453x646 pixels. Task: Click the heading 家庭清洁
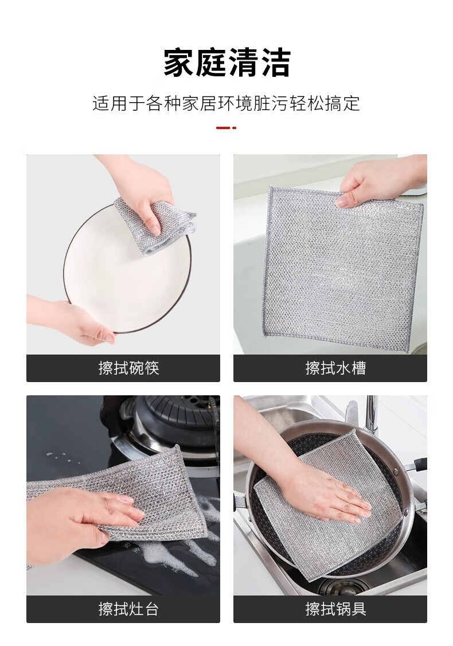coord(227,63)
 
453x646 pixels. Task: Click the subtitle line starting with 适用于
coord(226,103)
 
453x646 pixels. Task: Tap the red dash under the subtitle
coord(226,128)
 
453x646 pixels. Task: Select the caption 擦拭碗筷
coord(129,368)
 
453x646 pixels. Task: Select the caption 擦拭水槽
coord(335,368)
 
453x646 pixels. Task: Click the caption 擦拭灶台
coord(128,609)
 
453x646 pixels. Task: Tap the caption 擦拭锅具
coord(335,609)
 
